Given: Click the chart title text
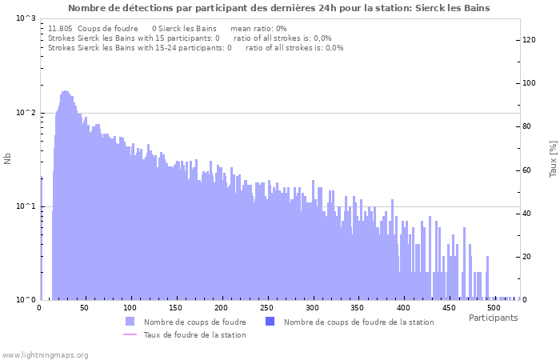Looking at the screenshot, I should [x=279, y=8].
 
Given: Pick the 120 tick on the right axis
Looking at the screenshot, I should [x=529, y=40].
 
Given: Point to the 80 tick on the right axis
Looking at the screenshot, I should [x=529, y=126].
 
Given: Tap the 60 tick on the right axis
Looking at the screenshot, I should [x=529, y=170].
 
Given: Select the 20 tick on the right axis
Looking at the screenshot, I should [x=529, y=257].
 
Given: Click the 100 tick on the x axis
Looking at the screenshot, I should [x=130, y=308].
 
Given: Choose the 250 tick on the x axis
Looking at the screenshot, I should [x=266, y=308].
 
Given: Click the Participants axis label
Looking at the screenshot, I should [x=493, y=318].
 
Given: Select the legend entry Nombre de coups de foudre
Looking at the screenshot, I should [x=194, y=322].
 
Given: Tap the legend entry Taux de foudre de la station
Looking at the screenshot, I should [x=194, y=335].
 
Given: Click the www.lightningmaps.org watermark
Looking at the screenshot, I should [x=45, y=355].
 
